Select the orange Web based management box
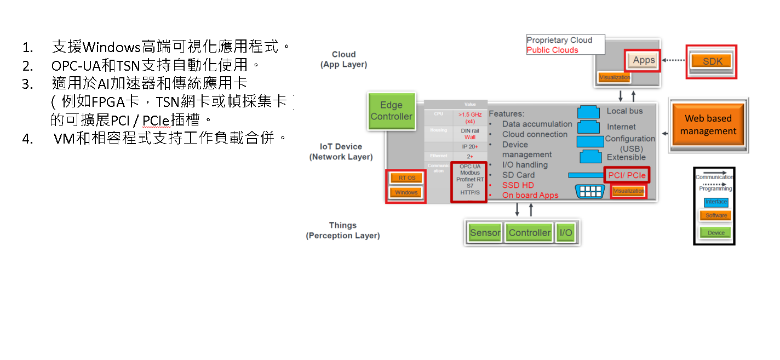(708, 125)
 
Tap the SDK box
(712, 61)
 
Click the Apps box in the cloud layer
(644, 60)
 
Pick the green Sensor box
(485, 233)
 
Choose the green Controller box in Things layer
(529, 233)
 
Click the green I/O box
(565, 233)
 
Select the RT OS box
(406, 178)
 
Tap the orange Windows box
(406, 192)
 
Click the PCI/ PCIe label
(627, 175)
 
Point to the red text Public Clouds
(552, 50)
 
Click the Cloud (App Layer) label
(343, 59)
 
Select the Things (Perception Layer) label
(343, 230)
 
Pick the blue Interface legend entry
(715, 202)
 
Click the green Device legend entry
(715, 233)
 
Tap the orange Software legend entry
(715, 215)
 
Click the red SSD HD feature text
(518, 185)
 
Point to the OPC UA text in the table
(469, 166)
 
